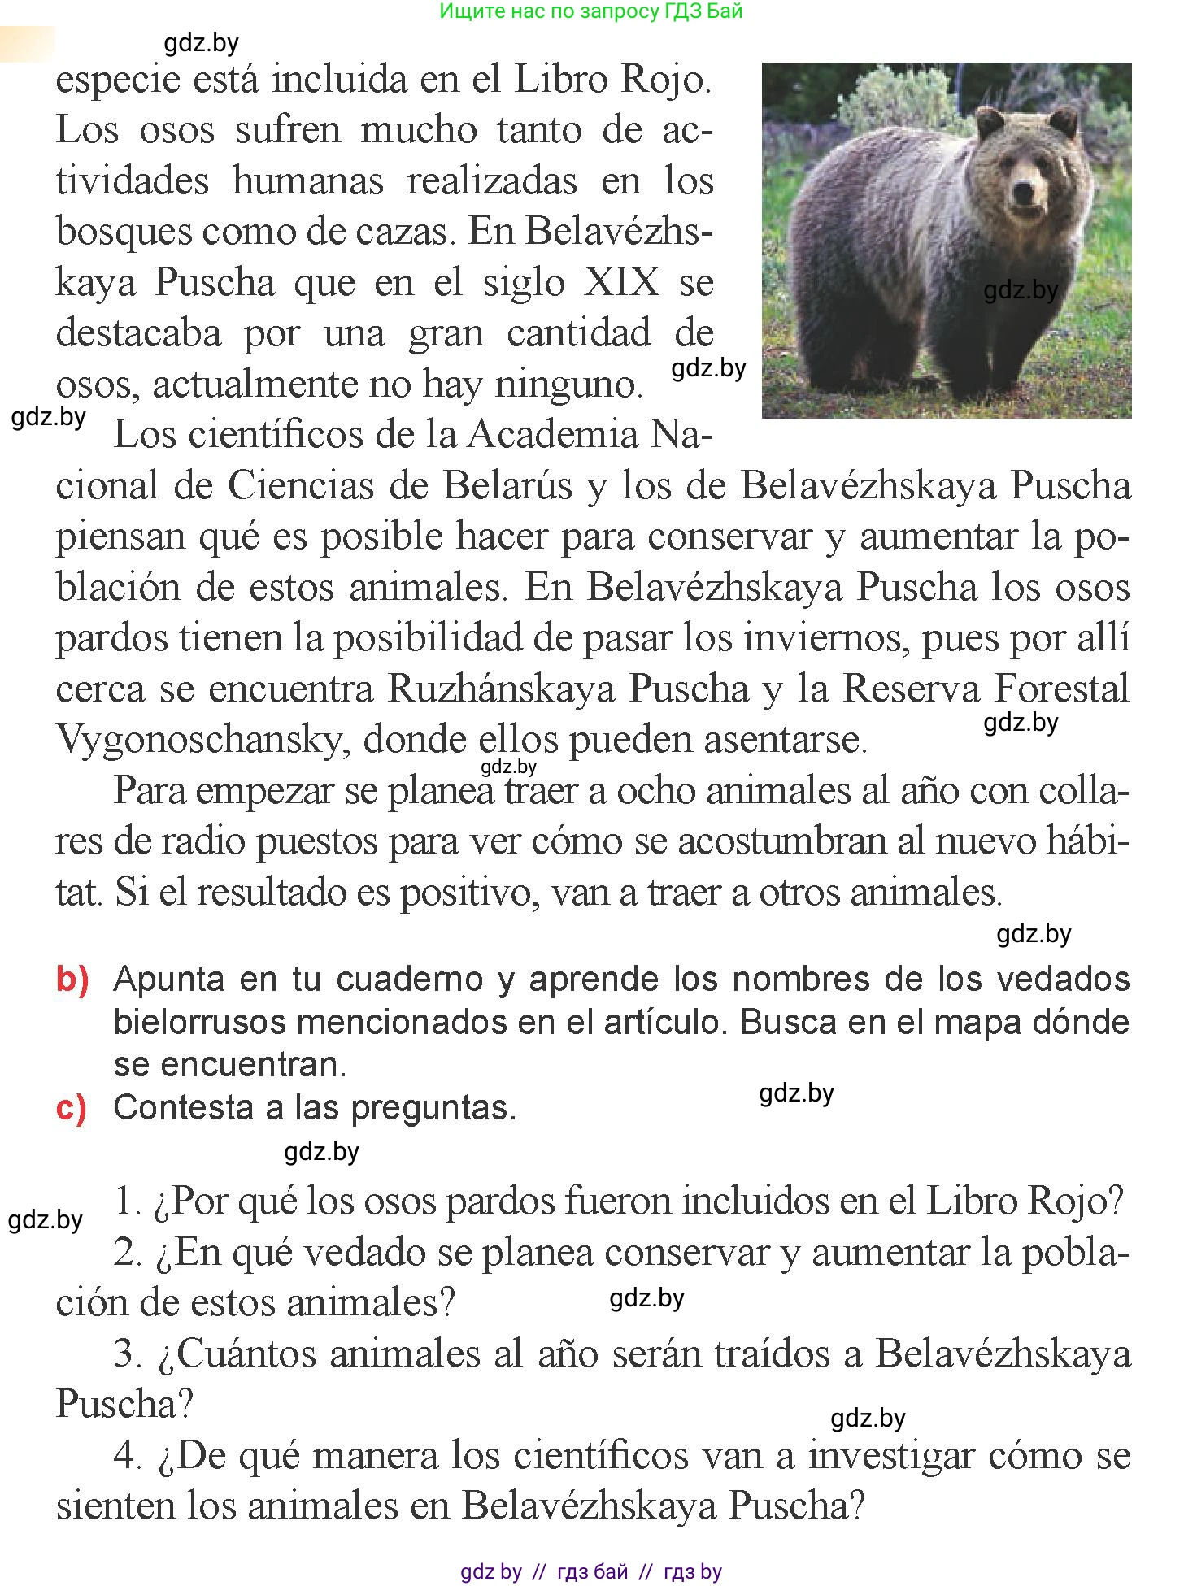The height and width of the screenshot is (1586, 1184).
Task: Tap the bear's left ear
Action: pyautogui.click(x=990, y=124)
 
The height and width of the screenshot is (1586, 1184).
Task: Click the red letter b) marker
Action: pyautogui.click(x=72, y=979)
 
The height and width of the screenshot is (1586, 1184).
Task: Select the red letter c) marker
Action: pyautogui.click(x=72, y=1107)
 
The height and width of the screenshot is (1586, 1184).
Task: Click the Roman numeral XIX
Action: pyautogui.click(x=622, y=282)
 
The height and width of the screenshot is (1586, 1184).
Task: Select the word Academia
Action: pyautogui.click(x=553, y=434)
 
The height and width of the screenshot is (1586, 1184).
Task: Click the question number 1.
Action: pyautogui.click(x=128, y=1201)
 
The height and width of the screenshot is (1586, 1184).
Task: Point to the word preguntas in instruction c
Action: pyautogui.click(x=433, y=1107)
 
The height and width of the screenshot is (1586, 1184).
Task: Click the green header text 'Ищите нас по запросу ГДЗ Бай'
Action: pyautogui.click(x=591, y=11)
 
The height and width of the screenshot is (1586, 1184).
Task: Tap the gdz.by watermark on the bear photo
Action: pyautogui.click(x=1021, y=290)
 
